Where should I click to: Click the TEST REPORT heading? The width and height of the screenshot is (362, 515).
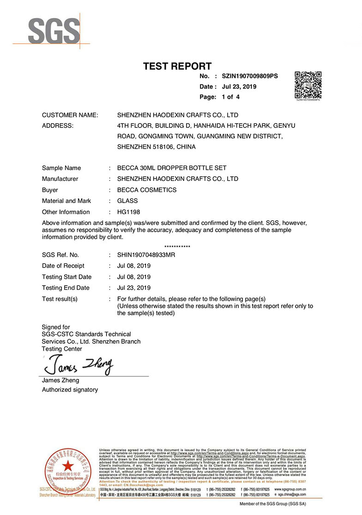(x=177, y=66)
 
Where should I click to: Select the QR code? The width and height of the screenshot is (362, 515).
(x=308, y=85)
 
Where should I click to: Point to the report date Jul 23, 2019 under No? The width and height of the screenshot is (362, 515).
(x=239, y=87)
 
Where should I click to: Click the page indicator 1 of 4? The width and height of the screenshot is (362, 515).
(x=230, y=97)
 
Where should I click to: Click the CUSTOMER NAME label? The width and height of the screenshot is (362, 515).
(x=70, y=115)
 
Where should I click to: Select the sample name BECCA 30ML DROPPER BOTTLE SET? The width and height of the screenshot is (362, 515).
(x=172, y=168)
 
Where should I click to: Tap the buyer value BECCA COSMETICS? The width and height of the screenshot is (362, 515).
(x=147, y=190)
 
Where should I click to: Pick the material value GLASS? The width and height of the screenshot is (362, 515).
(x=127, y=201)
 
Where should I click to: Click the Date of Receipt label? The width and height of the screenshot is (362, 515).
(x=63, y=266)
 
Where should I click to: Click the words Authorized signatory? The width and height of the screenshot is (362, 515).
(x=70, y=390)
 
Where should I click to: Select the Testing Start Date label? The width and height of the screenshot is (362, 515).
(x=66, y=277)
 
